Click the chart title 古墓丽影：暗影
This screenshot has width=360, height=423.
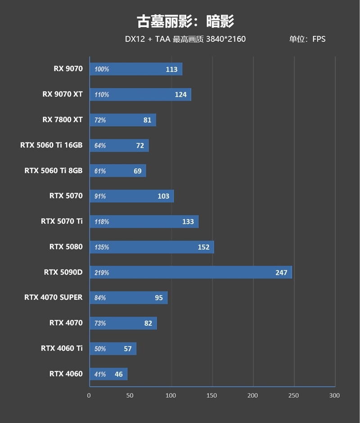pos(185,21)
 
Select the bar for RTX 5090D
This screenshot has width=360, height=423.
pos(191,272)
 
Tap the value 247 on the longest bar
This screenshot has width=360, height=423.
pos(281,272)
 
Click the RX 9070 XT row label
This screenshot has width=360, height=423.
pos(63,94)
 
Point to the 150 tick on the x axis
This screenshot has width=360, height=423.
pos(212,395)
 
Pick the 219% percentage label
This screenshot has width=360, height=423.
pos(102,273)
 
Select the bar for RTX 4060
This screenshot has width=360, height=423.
pos(108,374)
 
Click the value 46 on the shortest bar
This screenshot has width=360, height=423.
pos(119,374)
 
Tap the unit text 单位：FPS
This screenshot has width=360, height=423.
pos(307,39)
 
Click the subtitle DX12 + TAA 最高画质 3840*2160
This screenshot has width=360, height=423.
pos(185,39)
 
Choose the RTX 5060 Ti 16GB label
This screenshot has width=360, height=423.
pos(51,145)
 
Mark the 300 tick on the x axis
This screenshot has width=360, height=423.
pos(334,395)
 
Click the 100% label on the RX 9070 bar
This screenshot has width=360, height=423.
pos(102,69)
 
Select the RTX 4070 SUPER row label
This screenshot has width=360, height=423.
pos(54,297)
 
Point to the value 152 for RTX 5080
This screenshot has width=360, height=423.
pos(203,247)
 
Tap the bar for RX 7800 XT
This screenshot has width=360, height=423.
pos(123,120)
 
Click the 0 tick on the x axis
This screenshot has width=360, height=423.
pos(89,395)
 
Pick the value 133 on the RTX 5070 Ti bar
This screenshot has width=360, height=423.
pos(188,222)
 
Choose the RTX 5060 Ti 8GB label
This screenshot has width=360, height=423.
pos(54,171)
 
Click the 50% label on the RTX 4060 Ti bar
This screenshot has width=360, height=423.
pos(100,349)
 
